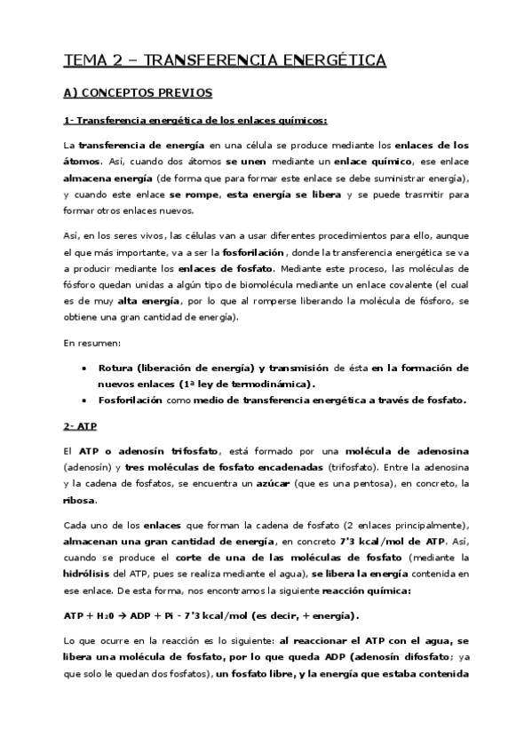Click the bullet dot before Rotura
tap(83, 368)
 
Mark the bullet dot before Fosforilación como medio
tap(83, 400)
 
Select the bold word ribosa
tap(79, 500)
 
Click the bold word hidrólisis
tap(89, 575)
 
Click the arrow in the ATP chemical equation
tap(124, 616)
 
